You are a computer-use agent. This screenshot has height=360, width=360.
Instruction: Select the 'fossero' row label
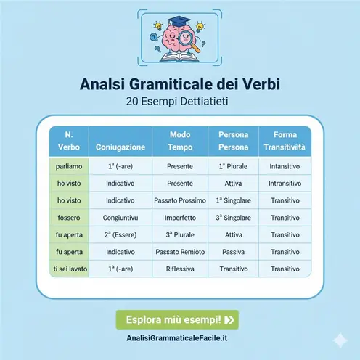63,217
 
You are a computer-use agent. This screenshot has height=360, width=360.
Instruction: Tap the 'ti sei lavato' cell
63,269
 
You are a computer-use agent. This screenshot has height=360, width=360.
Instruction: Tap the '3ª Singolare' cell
234,217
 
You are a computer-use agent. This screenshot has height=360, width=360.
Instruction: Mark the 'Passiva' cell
234,252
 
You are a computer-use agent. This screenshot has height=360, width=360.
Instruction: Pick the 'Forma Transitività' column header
285,141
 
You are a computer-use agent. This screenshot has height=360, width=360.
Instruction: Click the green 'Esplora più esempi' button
179,319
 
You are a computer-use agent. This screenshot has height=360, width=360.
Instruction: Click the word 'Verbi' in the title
256,86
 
